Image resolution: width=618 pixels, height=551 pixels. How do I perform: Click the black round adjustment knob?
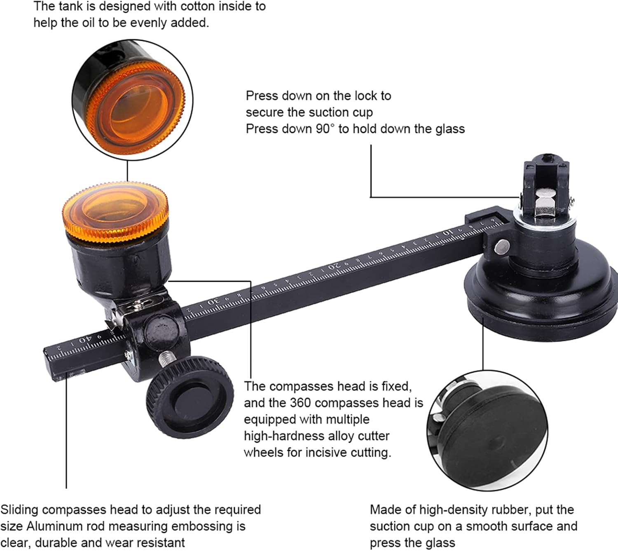(190, 397)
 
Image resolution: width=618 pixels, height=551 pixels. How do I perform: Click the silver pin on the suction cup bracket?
(501, 246)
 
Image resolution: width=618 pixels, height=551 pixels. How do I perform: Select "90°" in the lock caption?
(325, 129)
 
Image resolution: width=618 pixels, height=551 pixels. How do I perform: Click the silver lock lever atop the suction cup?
(545, 203)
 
